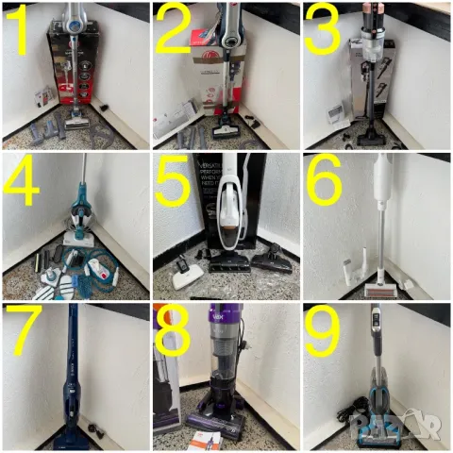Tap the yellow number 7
pos(21,332)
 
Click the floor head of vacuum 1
pos(79,121)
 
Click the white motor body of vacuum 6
pos(385,179)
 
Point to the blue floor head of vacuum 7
pos(71,437)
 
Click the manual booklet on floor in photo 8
pos(203,437)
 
